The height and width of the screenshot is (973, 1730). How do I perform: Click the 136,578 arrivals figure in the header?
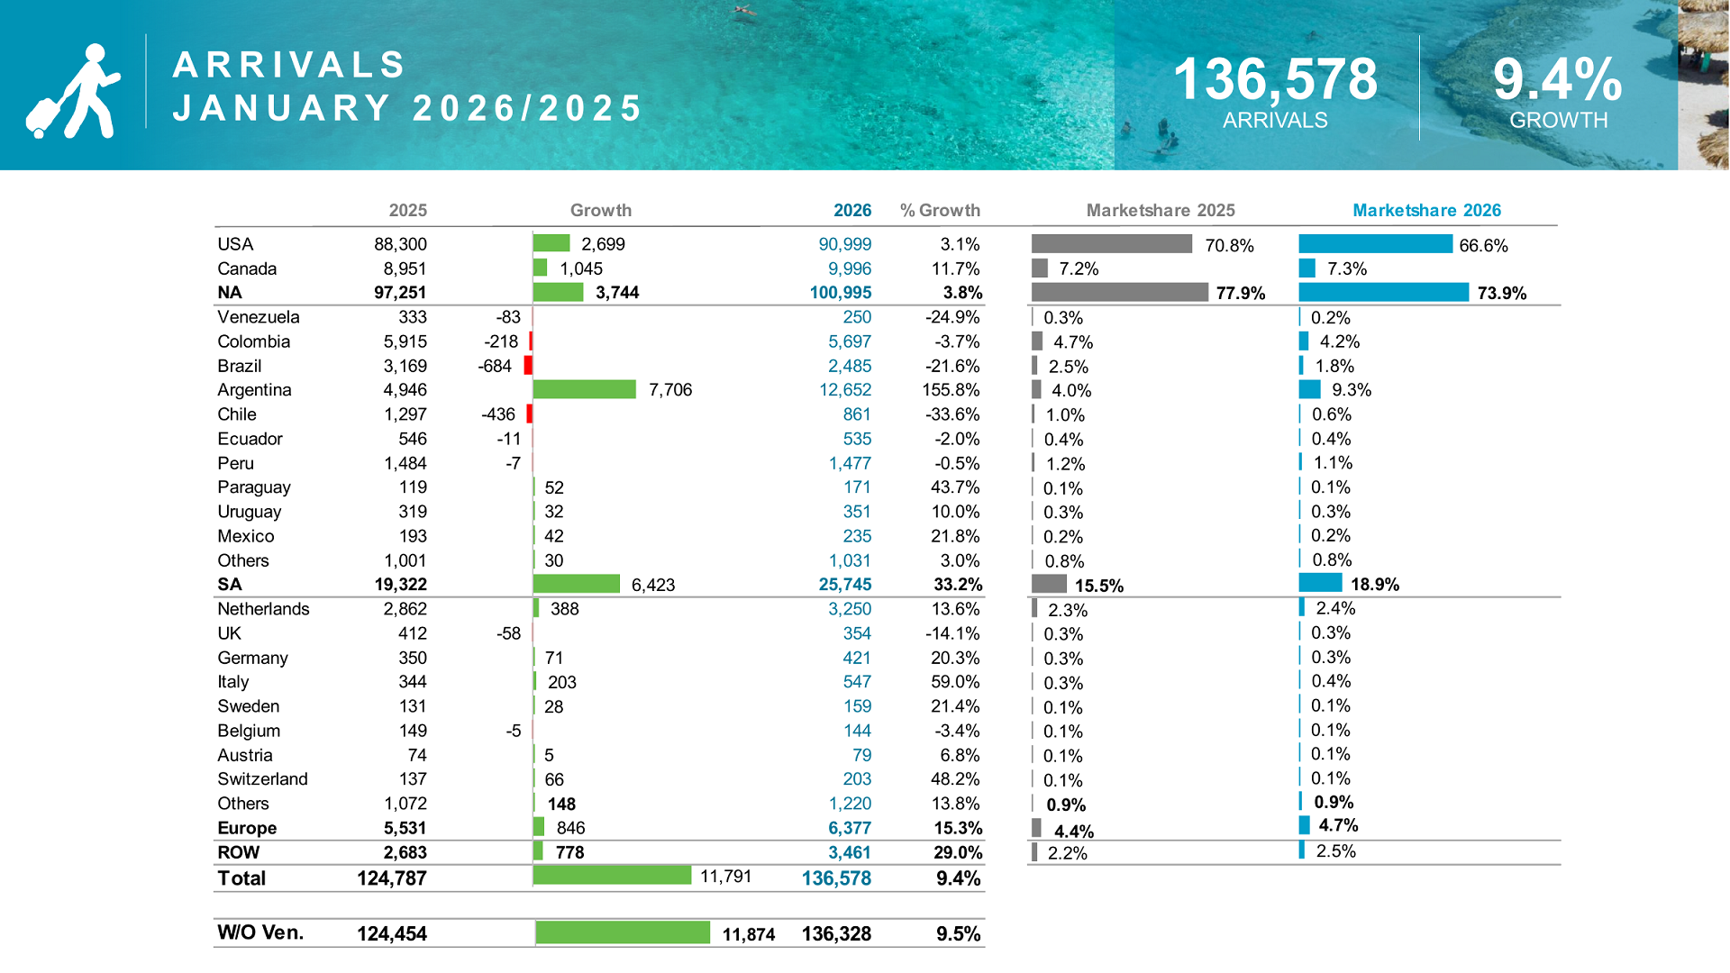[1275, 79]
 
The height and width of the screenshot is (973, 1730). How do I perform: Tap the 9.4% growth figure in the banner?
[1557, 79]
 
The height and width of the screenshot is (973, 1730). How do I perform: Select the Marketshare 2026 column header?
[1426, 211]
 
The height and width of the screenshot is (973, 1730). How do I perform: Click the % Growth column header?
[940, 211]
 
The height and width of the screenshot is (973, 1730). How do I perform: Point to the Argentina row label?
[254, 390]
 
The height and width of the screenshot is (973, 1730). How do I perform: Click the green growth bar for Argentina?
[584, 389]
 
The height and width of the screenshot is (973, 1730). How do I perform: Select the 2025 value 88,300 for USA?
[400, 244]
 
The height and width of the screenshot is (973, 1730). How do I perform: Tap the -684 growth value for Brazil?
[495, 366]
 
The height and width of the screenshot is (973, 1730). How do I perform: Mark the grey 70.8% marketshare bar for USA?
[1111, 244]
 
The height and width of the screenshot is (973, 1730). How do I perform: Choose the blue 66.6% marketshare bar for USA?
[1375, 244]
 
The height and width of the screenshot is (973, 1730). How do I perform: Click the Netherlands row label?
[263, 609]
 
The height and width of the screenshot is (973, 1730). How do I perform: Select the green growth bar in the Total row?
[612, 876]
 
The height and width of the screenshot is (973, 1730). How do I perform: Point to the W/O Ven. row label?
[260, 933]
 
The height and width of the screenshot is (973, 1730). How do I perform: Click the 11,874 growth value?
[748, 934]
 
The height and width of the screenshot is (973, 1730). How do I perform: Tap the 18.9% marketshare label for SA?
[1374, 585]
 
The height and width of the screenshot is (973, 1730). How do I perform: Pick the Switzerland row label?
[262, 779]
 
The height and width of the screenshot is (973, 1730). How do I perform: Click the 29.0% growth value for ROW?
[957, 852]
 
